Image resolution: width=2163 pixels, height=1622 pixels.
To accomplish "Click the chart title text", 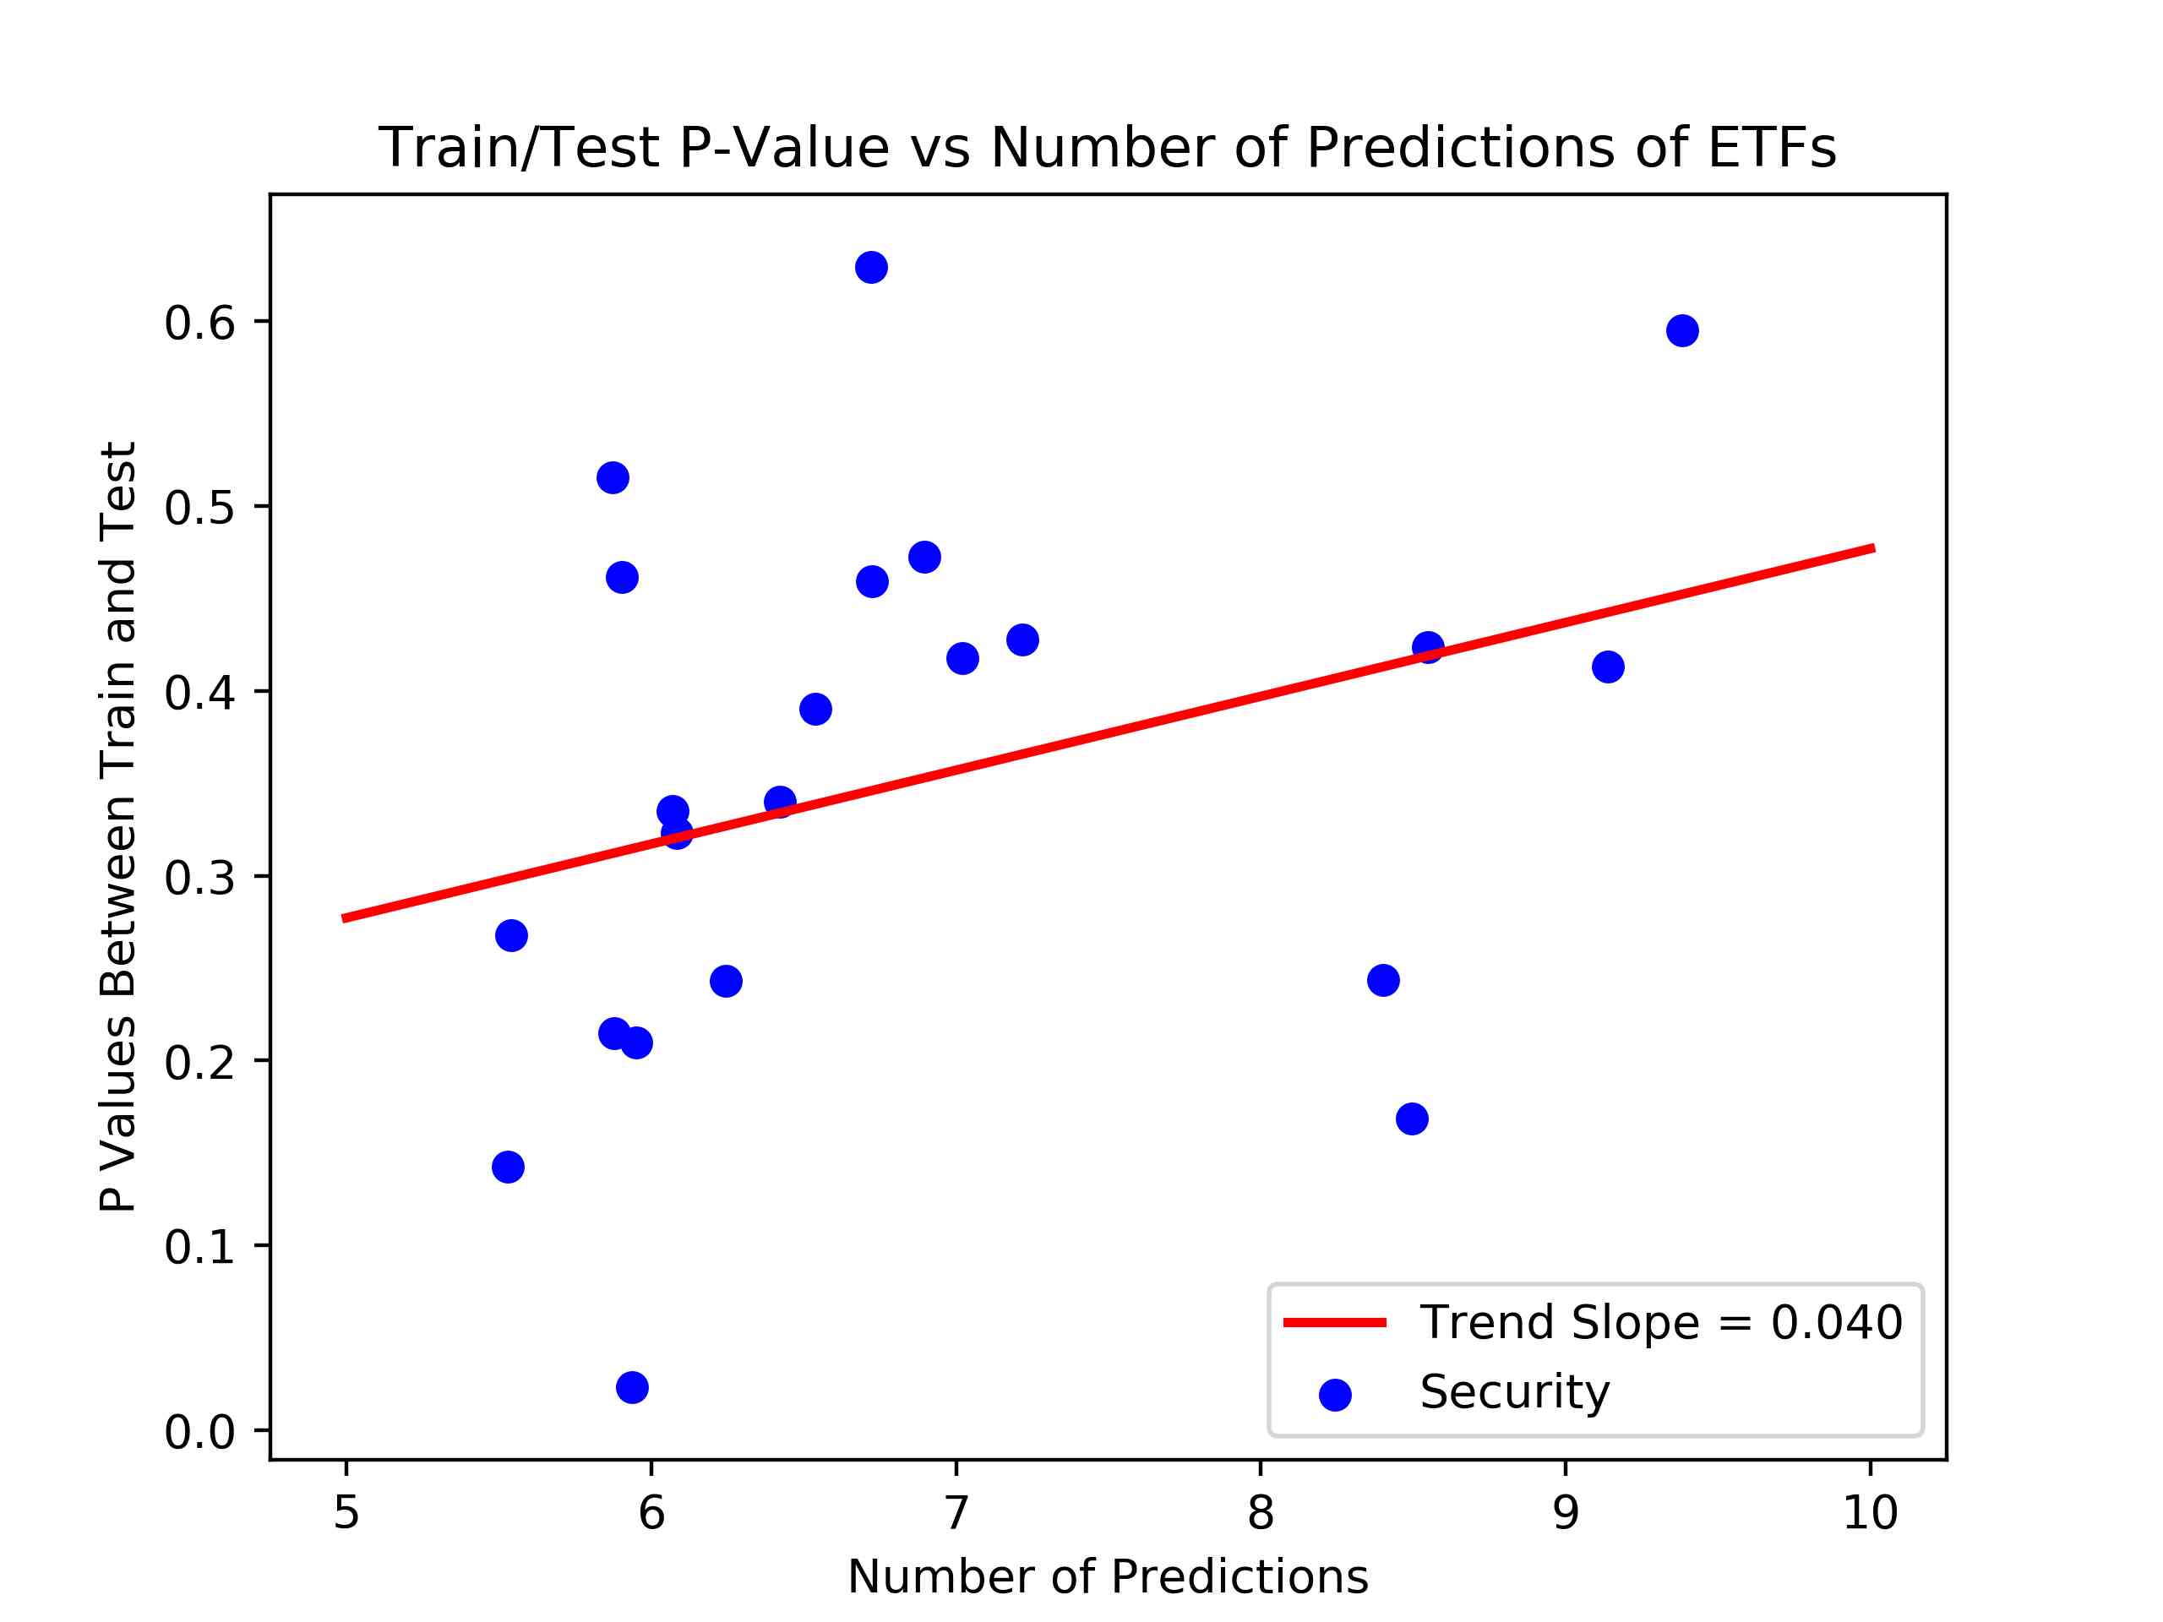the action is (1107, 148).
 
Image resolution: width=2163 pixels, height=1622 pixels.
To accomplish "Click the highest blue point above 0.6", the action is (871, 267).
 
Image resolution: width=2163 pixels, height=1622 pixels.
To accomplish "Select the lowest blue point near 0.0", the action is (633, 1386).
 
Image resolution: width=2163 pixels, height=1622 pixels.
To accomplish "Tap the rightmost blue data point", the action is (1682, 330).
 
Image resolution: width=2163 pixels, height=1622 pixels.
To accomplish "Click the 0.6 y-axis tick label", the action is (199, 323).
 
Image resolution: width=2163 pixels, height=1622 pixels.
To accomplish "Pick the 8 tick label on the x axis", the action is (1261, 1512).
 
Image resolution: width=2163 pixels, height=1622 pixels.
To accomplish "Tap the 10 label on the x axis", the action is (1870, 1512).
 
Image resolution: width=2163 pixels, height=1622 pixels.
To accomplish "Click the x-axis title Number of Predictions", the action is (1107, 1576).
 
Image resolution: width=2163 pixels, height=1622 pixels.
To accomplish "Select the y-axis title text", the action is (118, 826).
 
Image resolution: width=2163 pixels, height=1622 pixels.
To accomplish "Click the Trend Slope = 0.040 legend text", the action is (1661, 1322).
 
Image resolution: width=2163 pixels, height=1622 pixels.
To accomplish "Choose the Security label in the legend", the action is (1515, 1392).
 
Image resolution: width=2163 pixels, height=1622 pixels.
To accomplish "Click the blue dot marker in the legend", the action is (1335, 1396).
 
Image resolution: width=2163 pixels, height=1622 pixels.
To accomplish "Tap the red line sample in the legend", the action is (1335, 1323).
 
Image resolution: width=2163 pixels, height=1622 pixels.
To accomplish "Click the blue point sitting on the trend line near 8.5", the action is (1428, 646).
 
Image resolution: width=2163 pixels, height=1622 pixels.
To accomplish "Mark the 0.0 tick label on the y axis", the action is (199, 1431).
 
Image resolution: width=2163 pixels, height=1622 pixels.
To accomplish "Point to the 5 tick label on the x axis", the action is (346, 1512).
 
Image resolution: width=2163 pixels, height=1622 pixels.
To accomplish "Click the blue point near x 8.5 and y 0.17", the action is (1412, 1118).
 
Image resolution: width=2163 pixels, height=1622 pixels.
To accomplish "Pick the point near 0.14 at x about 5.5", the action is (508, 1167).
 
